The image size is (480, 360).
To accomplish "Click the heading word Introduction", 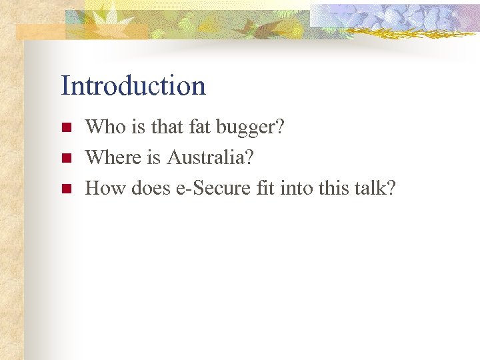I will (x=133, y=85).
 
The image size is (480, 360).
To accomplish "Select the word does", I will (x=151, y=189).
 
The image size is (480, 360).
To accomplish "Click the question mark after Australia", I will (x=250, y=157).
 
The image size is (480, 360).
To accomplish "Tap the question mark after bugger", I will (x=279, y=127).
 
